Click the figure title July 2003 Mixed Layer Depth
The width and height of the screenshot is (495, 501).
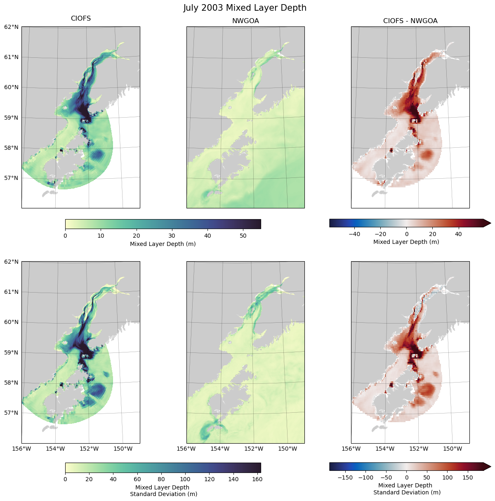pos(245,8)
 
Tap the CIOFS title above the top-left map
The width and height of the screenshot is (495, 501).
pos(81,19)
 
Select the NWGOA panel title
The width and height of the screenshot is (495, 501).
pos(245,21)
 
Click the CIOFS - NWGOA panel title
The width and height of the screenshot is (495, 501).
pos(410,21)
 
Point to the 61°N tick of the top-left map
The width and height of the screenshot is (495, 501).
pos(11,57)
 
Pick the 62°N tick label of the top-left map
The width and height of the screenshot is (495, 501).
pos(11,27)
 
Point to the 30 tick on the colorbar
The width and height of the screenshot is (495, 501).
pos(172,236)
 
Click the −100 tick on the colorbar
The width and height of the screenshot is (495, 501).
pos(365,477)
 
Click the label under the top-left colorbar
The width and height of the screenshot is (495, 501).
pos(163,244)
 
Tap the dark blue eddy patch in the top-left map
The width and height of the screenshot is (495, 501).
pos(98,155)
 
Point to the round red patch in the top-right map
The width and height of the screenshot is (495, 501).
pos(427,155)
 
